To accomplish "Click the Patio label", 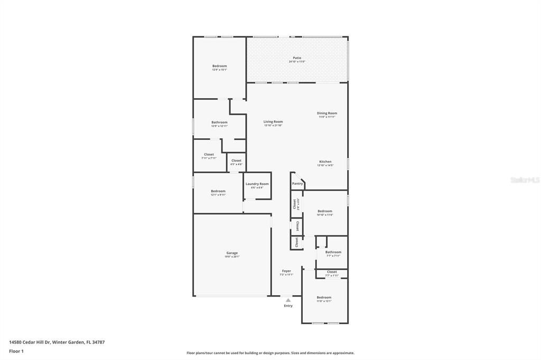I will (x=297, y=58).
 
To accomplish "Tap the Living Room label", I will (x=273, y=121).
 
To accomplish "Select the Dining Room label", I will (x=327, y=113).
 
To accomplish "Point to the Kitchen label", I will (x=325, y=162).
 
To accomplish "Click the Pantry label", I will (x=297, y=184).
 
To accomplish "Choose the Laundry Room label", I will (x=257, y=184).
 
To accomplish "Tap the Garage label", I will (x=232, y=253).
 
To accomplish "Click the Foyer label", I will (x=286, y=271).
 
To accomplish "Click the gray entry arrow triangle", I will (x=288, y=300).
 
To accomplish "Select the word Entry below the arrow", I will (x=288, y=306).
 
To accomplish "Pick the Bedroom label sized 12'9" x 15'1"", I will (x=219, y=66).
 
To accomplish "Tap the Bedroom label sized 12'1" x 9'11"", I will (x=218, y=191).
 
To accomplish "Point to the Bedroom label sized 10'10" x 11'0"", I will (x=324, y=211).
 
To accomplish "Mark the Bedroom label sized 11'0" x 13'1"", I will (x=324, y=297).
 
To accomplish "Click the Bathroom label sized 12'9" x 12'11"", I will (x=219, y=122).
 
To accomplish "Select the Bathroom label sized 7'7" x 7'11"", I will (x=333, y=252).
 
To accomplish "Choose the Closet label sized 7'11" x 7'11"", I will (x=209, y=155).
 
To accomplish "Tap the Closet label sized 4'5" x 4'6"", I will (x=236, y=160).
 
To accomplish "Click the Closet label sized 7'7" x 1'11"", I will (x=331, y=272).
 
